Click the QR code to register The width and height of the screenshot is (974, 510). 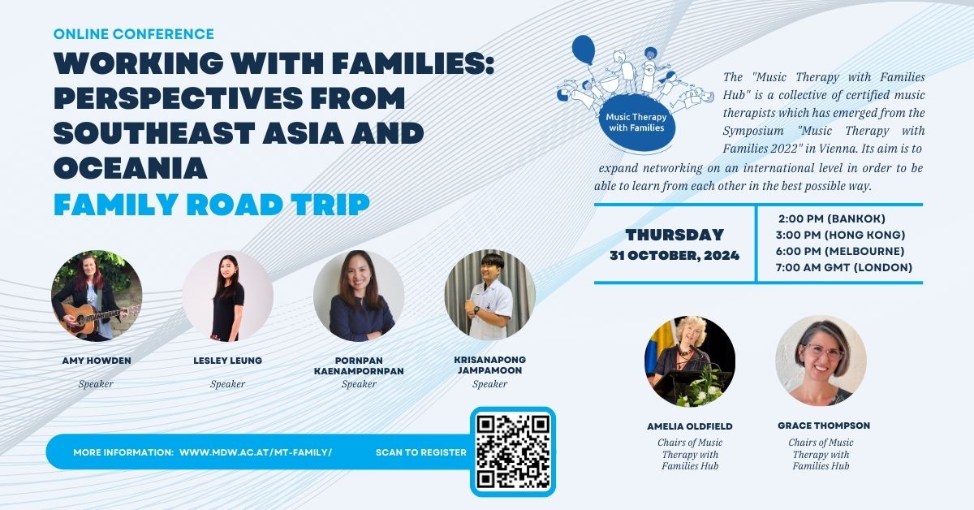(x=513, y=452)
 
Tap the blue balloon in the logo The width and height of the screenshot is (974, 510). (x=583, y=50)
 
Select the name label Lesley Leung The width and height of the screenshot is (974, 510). (x=228, y=361)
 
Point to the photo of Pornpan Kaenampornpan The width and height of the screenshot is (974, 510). (x=359, y=296)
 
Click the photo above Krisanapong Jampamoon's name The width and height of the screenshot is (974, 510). (x=489, y=295)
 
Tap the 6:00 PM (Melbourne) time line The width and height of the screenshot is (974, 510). (x=840, y=252)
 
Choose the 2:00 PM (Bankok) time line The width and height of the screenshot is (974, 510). (x=832, y=218)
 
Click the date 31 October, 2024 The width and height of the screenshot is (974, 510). (x=674, y=256)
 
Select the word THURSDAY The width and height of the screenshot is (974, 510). (x=674, y=235)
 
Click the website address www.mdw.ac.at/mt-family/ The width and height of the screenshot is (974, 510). (x=256, y=452)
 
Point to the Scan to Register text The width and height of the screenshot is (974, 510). (x=421, y=452)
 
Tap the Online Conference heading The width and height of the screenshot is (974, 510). (x=133, y=34)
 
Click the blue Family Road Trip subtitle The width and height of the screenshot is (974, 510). (x=212, y=204)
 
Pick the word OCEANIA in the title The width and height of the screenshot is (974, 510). (x=131, y=168)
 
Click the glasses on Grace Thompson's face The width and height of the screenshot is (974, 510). (x=824, y=351)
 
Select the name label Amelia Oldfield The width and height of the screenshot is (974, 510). (x=690, y=426)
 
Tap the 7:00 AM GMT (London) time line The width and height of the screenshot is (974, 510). (x=844, y=268)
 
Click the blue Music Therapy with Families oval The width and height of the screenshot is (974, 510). (x=636, y=123)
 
